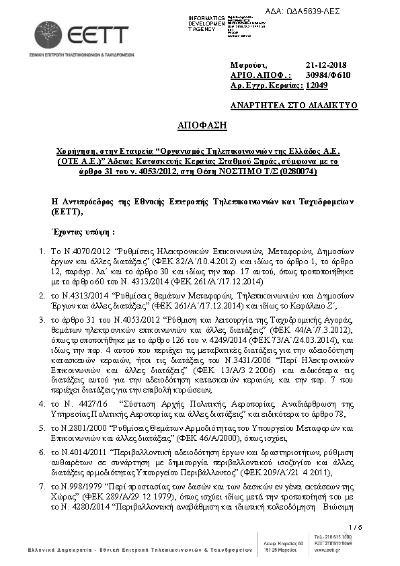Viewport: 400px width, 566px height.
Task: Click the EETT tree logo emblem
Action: pos(48,34)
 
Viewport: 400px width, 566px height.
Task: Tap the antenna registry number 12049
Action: pos(317,86)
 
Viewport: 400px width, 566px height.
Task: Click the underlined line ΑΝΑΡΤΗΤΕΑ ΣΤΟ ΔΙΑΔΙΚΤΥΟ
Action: pos(294,106)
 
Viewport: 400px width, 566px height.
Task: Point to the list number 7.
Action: pos(42,485)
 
